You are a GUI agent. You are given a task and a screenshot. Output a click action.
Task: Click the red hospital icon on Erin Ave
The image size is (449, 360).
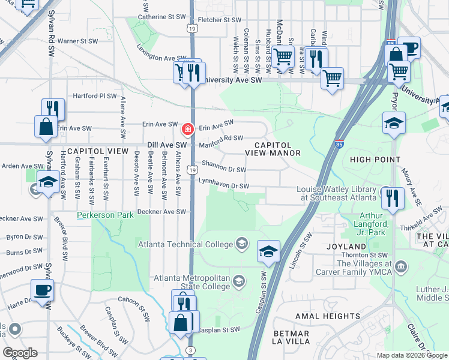[188, 128]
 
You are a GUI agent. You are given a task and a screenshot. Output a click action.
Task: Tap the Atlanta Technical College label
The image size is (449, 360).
[185, 244]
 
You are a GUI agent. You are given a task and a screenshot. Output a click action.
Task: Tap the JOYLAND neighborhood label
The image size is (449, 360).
[346, 247]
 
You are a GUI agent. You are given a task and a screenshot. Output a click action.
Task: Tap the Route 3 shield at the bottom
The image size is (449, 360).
[191, 350]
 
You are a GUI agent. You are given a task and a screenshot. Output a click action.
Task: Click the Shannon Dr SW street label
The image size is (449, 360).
[224, 166]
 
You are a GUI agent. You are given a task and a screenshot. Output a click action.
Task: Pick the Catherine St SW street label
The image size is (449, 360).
[161, 17]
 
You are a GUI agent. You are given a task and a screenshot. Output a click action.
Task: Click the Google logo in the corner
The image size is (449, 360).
[20, 352]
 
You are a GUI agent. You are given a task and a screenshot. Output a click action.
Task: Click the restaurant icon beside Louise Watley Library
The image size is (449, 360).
[392, 197]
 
